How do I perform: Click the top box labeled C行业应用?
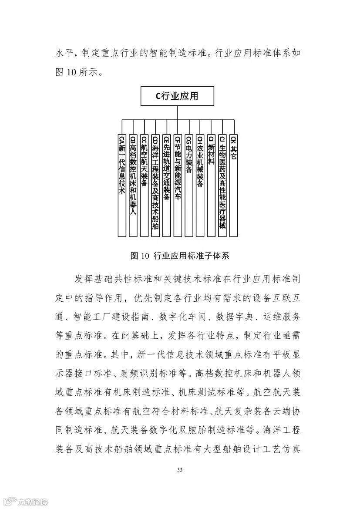(177, 97)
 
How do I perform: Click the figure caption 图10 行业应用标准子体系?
(180, 256)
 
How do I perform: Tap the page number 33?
(180, 470)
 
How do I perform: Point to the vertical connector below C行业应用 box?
(177, 113)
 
